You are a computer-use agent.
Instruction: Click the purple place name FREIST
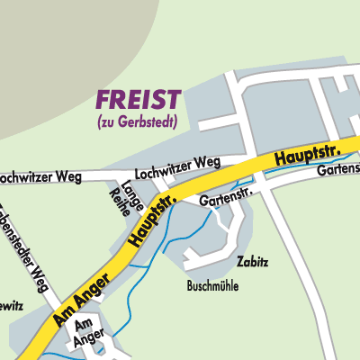139,99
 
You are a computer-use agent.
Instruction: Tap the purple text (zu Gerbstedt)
139,121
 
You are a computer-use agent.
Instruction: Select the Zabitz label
253,262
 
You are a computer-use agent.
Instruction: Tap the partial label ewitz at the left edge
10,306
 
